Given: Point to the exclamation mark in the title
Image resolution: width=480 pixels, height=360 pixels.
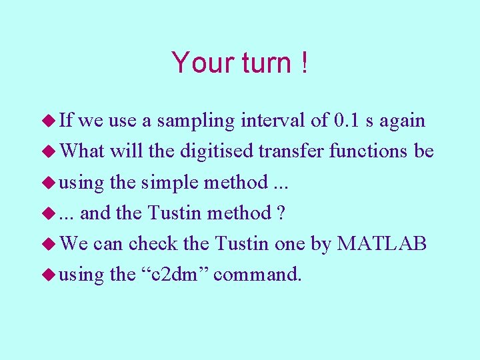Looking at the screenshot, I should coord(304,63).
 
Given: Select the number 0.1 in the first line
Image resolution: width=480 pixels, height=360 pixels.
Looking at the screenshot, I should coord(349,121).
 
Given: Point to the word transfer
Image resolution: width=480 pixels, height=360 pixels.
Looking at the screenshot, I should coord(291,151).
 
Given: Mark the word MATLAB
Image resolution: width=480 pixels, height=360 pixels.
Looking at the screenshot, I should coord(382,243).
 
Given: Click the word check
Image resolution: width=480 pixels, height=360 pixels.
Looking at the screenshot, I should coord(154,243).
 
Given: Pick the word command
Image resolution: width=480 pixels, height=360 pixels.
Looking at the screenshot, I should coord(257,274).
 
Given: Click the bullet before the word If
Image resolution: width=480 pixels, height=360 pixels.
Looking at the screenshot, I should coord(48,121).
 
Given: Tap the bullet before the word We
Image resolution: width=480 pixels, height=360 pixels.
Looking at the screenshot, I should coord(48,244).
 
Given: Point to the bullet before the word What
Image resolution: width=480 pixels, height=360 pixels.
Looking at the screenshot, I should coord(48,152).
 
